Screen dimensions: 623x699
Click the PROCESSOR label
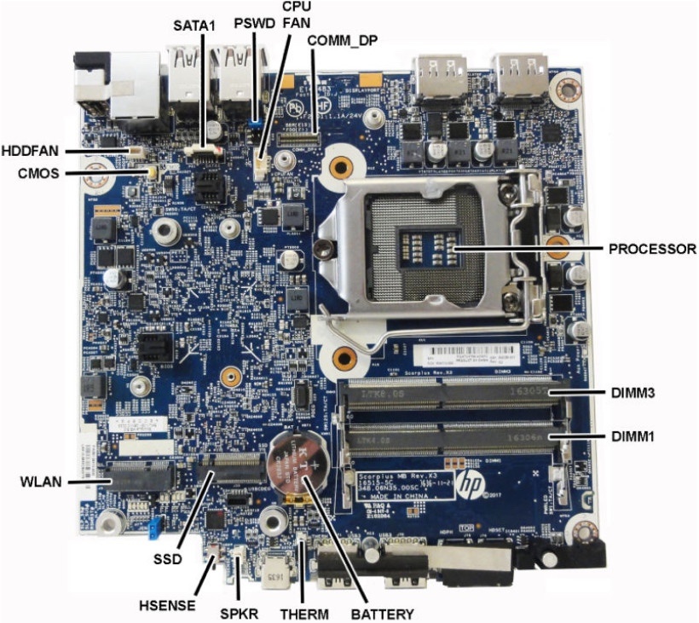click(652, 250)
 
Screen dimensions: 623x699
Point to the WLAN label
click(40, 482)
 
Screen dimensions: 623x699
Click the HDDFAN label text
click(31, 151)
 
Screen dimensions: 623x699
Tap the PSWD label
click(255, 23)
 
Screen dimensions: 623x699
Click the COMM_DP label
click(342, 40)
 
